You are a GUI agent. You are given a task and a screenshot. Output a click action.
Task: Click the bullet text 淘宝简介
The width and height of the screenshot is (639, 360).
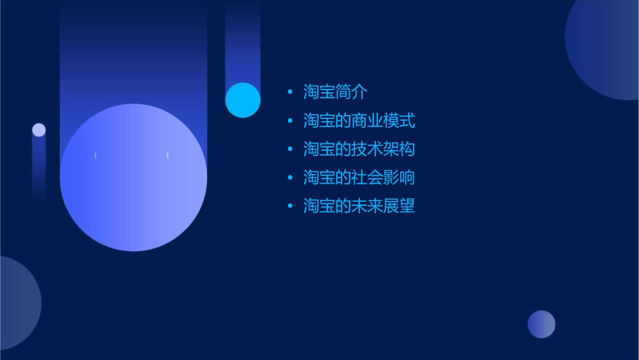click(x=335, y=93)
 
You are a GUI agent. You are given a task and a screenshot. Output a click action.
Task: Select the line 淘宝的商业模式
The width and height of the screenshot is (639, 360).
click(x=359, y=121)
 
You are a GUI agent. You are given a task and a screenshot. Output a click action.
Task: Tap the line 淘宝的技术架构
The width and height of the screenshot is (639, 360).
click(x=359, y=149)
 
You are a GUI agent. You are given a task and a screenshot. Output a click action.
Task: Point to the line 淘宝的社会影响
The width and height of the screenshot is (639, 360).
click(x=359, y=178)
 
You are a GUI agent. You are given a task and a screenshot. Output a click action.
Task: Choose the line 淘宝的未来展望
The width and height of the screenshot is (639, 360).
click(x=359, y=206)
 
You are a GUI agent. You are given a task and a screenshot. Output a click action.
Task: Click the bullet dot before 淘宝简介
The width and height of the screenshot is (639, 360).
click(x=290, y=93)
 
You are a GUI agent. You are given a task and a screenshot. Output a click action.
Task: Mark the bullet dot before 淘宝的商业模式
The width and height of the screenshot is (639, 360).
click(x=290, y=121)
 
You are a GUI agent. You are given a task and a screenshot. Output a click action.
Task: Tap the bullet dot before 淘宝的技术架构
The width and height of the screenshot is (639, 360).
click(x=290, y=149)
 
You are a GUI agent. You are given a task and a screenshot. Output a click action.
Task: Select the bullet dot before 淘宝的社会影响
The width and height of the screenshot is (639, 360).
click(x=290, y=178)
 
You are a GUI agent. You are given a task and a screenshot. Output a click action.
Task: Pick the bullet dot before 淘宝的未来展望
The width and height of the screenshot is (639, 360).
click(x=290, y=206)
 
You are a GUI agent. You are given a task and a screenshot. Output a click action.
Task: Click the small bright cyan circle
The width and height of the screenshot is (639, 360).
click(x=243, y=100)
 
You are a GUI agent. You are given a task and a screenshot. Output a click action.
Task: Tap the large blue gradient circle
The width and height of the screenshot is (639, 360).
click(x=133, y=178)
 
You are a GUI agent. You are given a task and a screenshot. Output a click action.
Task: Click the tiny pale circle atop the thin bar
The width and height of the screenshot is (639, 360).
click(x=39, y=130)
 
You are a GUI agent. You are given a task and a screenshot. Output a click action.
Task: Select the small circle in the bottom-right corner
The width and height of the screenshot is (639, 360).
click(x=541, y=324)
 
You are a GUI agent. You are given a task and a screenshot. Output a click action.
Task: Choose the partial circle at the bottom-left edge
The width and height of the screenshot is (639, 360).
click(x=17, y=303)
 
